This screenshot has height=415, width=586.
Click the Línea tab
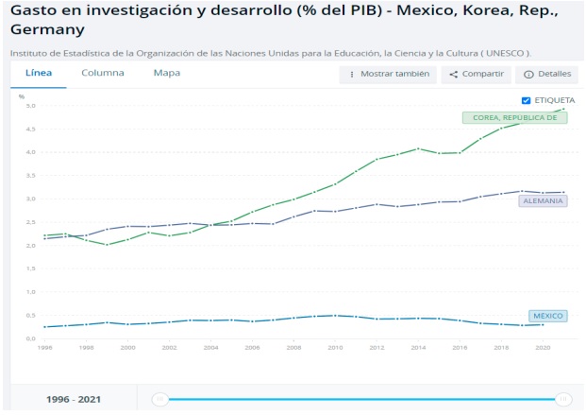coord(39,73)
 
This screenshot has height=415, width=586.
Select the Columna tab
coord(102,73)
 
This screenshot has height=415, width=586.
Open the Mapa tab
coord(167,73)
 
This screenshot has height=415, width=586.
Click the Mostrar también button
coord(388,74)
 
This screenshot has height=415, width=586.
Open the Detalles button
coord(546,74)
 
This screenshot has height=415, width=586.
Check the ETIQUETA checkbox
coord(526,100)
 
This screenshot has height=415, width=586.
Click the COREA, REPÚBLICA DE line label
coord(514,118)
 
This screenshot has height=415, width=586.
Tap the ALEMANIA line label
coord(543,201)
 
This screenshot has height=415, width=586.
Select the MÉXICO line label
coord(548,315)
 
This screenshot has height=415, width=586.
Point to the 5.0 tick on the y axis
coord(31,106)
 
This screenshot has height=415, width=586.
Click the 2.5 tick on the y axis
coord(31,222)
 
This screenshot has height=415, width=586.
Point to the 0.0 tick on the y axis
coord(31,338)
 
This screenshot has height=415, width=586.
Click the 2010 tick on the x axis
coord(335,348)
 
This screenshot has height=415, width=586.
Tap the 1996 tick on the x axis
coord(45,348)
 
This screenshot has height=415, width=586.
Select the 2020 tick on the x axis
coord(542,348)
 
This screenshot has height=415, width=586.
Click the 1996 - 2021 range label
coord(74,399)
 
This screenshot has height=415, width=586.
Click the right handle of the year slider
coord(563,399)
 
